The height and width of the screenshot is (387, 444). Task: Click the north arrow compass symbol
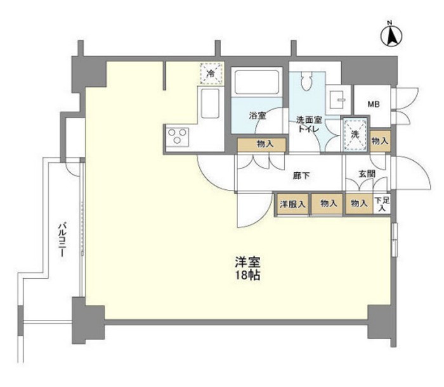click(391, 36)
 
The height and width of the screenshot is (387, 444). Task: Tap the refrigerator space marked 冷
click(211, 73)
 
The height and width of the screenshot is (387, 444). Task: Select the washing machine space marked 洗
click(355, 134)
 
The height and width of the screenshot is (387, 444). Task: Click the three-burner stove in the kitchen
click(178, 136)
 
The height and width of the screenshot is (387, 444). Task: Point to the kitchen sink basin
click(210, 103)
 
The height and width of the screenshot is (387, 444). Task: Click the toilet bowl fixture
click(306, 80)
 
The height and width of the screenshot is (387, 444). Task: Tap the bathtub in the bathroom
click(257, 82)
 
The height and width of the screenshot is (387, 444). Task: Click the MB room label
click(374, 104)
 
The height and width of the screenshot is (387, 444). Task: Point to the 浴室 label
click(258, 115)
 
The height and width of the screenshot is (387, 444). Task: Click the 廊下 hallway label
click(301, 176)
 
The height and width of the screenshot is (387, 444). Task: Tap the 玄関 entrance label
click(367, 174)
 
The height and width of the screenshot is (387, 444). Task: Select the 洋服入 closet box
click(292, 204)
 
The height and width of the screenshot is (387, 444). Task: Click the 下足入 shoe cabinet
click(382, 204)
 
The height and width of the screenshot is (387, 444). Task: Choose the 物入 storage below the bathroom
click(261, 145)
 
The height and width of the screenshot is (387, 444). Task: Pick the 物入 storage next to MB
click(381, 141)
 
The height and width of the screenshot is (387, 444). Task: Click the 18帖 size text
click(248, 275)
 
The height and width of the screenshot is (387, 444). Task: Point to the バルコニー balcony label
click(62, 240)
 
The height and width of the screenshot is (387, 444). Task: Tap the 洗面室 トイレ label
click(309, 124)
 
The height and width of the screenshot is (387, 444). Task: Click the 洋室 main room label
click(248, 262)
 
